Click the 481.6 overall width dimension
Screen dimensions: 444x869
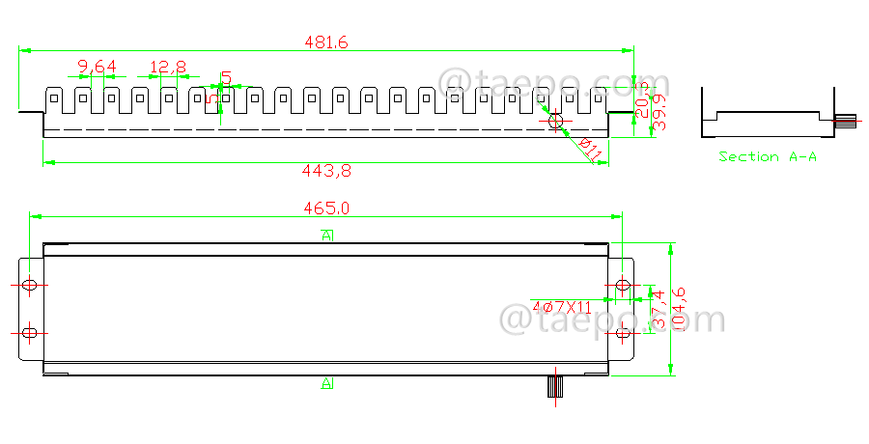325,42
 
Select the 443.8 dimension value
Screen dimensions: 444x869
326,171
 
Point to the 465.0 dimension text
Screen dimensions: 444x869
326,208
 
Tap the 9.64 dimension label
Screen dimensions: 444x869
97,67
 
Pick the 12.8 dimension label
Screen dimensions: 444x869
168,67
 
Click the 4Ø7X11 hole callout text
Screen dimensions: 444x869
561,307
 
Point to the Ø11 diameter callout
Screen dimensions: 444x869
590,150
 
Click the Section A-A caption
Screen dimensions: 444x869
768,156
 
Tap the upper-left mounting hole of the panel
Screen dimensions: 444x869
30,286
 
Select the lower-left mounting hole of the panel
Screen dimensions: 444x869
30,333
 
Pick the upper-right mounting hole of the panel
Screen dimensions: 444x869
623,286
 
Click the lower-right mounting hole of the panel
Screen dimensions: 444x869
623,333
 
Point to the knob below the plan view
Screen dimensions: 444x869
555,386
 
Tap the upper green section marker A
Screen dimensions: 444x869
327,236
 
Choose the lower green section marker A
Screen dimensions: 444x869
327,384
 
